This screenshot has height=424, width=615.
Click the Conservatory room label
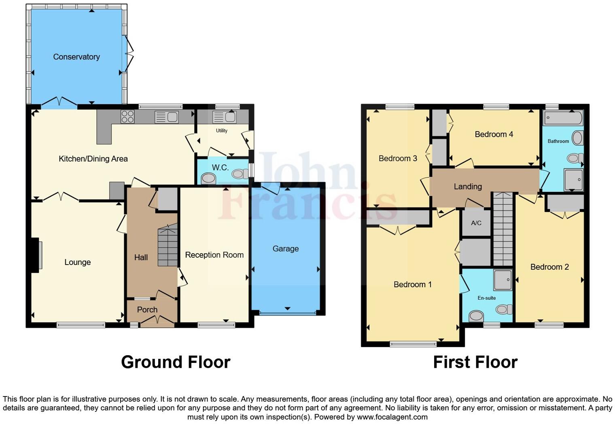(x=76, y=57)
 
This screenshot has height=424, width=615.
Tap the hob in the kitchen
(x=127, y=117)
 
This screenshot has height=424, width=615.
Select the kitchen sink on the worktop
(x=167, y=117)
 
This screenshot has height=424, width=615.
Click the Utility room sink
(x=225, y=117)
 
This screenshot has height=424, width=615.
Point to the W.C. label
(x=220, y=167)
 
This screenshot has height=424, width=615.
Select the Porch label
(x=147, y=310)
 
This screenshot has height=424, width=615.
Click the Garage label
(x=286, y=249)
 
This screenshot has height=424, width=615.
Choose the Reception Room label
(x=214, y=255)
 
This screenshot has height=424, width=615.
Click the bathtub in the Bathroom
(x=563, y=118)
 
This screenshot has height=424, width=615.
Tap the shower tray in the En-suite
(x=503, y=280)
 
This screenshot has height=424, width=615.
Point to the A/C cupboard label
(x=476, y=223)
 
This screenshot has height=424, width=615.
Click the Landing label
(x=468, y=187)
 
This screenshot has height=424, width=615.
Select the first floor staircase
(x=503, y=229)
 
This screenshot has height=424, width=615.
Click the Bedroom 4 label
(x=494, y=134)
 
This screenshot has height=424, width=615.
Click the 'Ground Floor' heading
(x=176, y=362)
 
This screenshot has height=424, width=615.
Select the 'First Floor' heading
(x=475, y=362)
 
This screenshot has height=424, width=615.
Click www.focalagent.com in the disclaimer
(x=392, y=417)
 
